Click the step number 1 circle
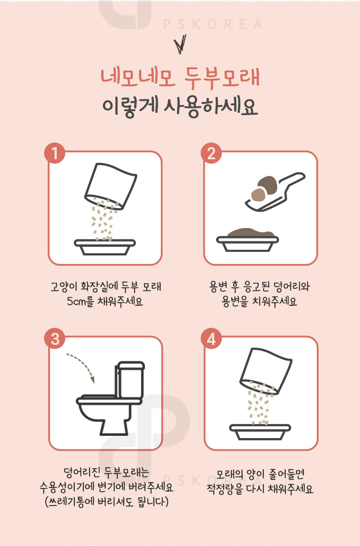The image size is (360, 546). click(54, 154)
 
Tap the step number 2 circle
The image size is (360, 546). click(211, 154)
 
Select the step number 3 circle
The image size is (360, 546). click(54, 340)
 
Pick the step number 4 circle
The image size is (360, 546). click(211, 340)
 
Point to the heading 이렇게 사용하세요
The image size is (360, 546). click(180, 108)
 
